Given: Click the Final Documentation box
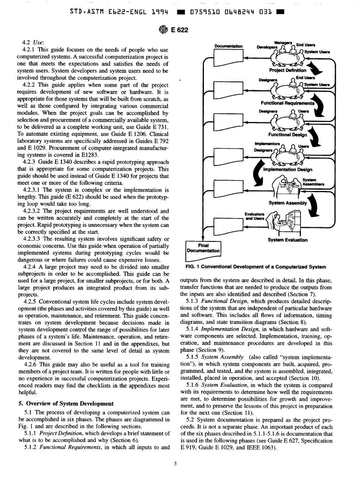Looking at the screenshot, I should pyautogui.click(x=203, y=248).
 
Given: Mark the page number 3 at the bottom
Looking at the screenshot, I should pyautogui.click(x=180, y=461).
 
